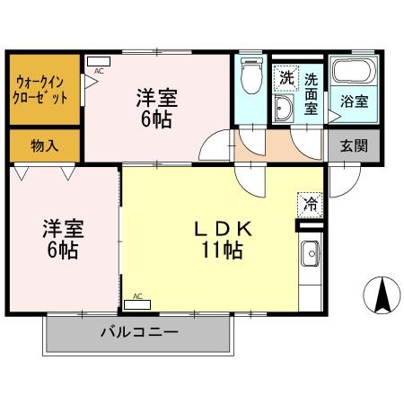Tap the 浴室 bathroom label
(x=354, y=101)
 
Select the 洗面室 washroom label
(x=311, y=93)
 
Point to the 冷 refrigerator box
(x=308, y=204)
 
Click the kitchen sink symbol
(x=310, y=254)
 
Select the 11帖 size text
(x=221, y=251)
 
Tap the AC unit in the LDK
(x=142, y=302)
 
